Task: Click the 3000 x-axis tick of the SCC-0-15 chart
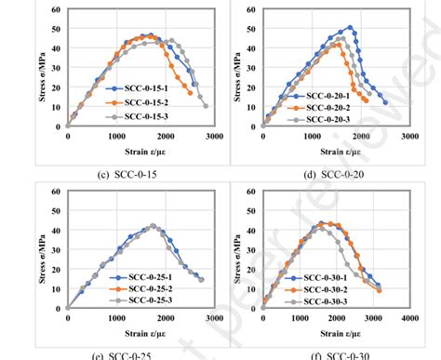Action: (x=214, y=136)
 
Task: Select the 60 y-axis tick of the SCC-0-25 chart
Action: (x=57, y=193)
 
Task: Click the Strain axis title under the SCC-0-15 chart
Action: (x=140, y=148)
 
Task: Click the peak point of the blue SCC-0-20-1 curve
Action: (x=350, y=27)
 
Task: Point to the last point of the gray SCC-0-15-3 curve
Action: (x=206, y=105)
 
